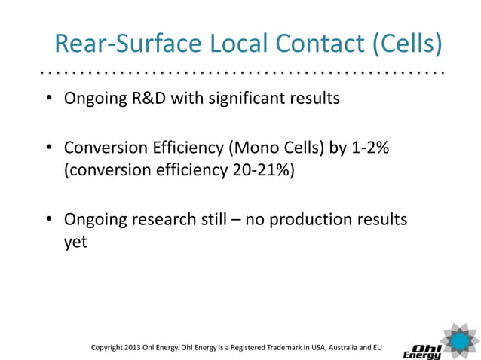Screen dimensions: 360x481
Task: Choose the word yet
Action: point(76,243)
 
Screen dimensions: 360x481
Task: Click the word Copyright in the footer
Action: point(109,347)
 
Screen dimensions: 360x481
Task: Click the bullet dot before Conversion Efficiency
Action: point(48,148)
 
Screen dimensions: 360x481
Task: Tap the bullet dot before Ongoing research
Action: point(48,220)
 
